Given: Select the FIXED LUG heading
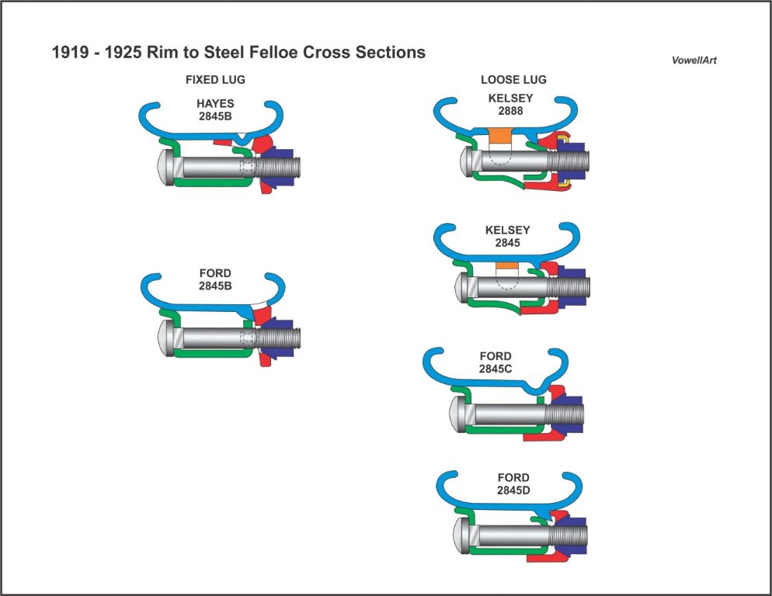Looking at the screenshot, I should [216, 80].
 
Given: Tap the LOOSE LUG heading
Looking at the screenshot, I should [513, 80].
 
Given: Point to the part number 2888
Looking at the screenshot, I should [510, 111].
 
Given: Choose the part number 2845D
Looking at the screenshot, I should [513, 490].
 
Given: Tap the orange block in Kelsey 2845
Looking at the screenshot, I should [506, 266].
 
